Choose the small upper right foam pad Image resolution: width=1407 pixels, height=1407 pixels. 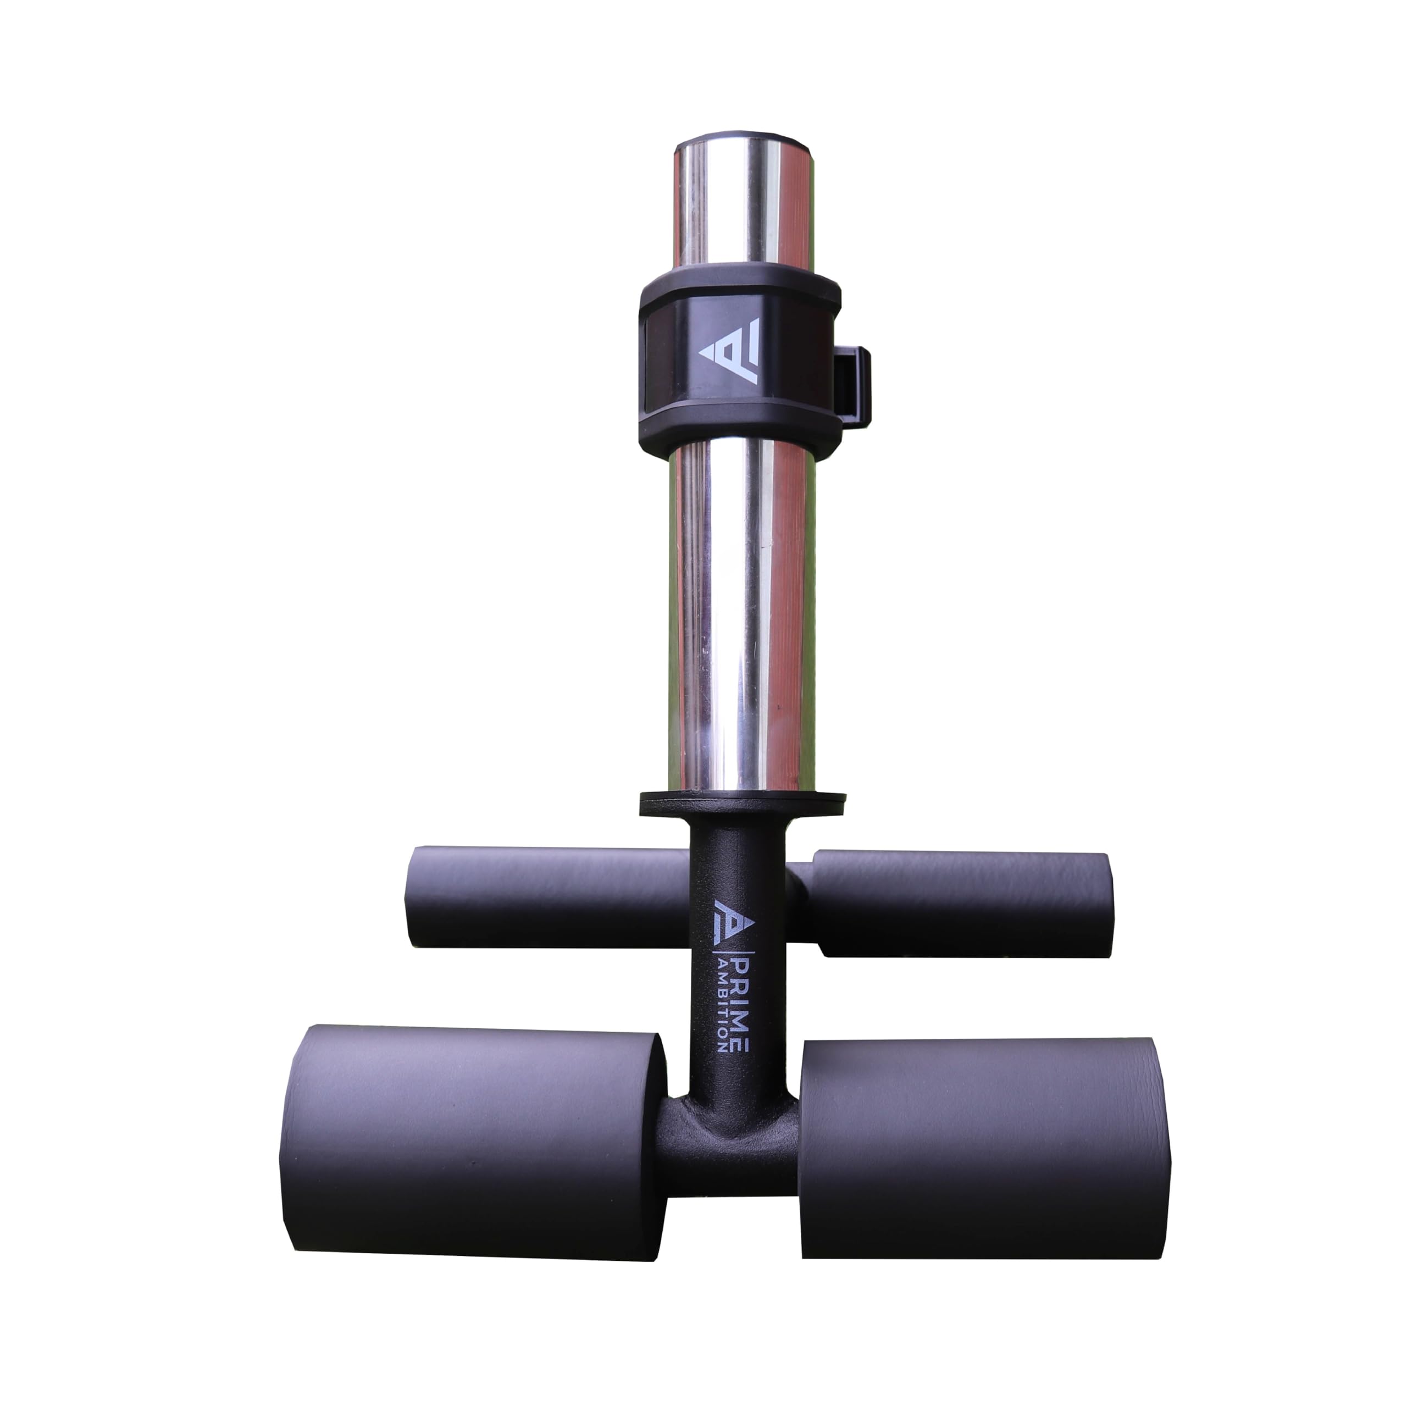click(961, 904)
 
